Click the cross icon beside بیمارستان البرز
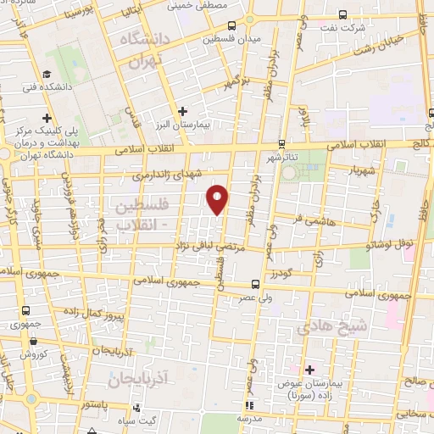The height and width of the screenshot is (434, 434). click(183, 110)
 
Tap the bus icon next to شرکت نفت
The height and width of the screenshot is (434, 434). click(342, 15)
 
